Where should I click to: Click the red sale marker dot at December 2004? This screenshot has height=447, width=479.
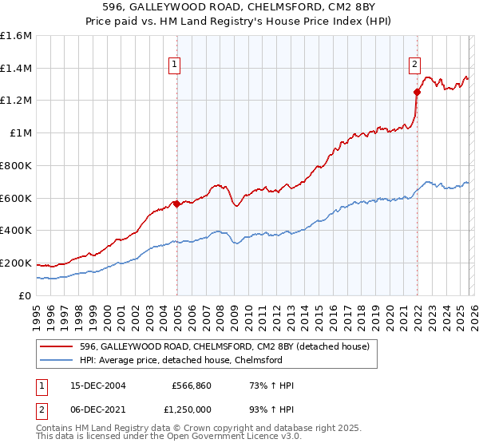point(176,203)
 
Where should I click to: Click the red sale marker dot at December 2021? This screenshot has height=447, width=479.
point(417,92)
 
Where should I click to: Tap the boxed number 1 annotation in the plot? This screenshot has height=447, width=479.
point(174,66)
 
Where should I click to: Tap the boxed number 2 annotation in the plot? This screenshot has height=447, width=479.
point(415,66)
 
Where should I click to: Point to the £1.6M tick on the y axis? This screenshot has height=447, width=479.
point(16,36)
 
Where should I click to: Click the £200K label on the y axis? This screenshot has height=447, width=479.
point(16,263)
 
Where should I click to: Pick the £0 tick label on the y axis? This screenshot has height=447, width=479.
point(26,295)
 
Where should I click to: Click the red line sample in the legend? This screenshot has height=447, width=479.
point(57,347)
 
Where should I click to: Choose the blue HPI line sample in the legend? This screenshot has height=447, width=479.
point(57,361)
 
